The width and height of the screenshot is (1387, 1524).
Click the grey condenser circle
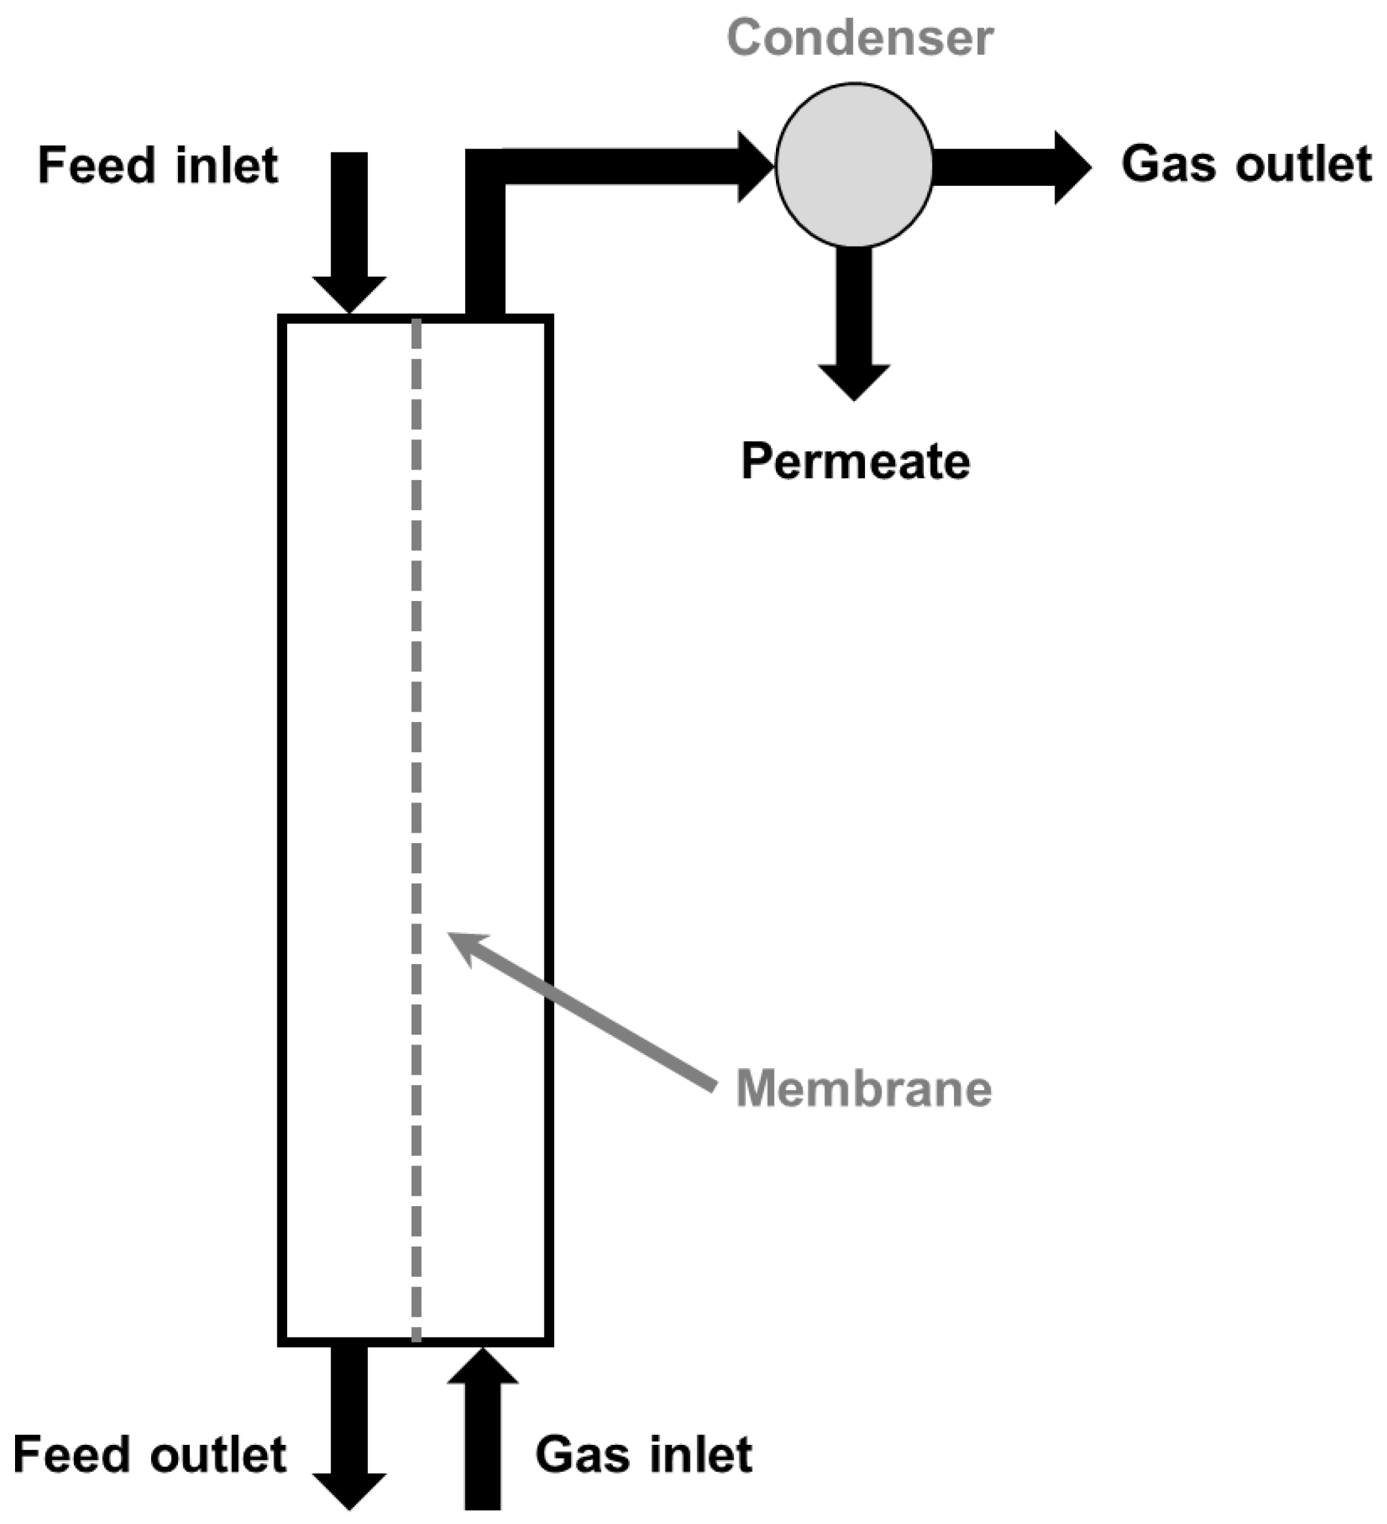tap(854, 165)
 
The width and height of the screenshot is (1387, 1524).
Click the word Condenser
tap(860, 38)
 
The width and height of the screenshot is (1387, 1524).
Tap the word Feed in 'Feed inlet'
tap(96, 165)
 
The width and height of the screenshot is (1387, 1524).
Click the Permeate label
tap(854, 461)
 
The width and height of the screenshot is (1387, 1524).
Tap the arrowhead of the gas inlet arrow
tap(482, 1368)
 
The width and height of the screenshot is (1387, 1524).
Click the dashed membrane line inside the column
tap(416, 756)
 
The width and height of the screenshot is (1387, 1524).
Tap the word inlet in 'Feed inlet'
tap(226, 165)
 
